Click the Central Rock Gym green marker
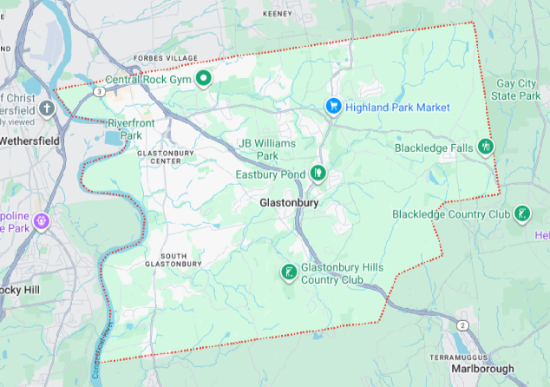click(x=204, y=80)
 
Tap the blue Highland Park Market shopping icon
click(x=333, y=106)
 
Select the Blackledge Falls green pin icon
click(x=485, y=148)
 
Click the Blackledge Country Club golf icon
click(x=521, y=213)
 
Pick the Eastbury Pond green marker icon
click(x=318, y=174)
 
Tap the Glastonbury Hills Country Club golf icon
click(x=287, y=273)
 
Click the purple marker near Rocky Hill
click(x=43, y=221)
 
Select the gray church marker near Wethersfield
click(x=47, y=108)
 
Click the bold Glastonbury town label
click(x=290, y=203)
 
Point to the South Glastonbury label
click(x=174, y=259)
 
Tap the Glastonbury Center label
click(x=165, y=156)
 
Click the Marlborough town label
click(x=482, y=368)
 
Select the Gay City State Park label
click(x=517, y=89)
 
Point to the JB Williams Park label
click(x=267, y=148)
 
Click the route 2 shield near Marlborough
click(x=463, y=325)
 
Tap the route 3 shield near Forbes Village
click(x=101, y=90)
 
